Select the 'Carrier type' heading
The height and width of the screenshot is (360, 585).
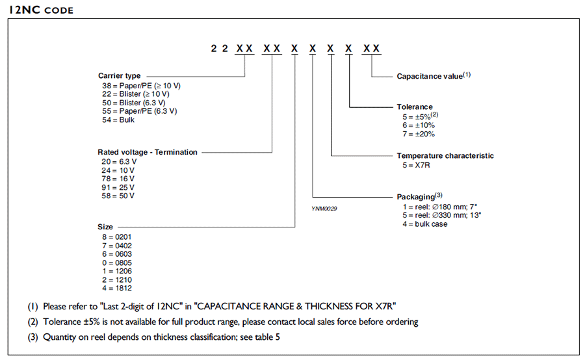point(119,75)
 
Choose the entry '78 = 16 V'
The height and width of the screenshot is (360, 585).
point(118,179)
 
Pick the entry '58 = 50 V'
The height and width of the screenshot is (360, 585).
point(118,196)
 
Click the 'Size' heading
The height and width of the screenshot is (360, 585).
point(105,227)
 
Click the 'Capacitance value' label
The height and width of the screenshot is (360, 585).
point(433,76)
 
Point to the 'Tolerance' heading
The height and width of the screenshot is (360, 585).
point(414,107)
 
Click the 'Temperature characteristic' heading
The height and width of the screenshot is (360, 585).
point(445,156)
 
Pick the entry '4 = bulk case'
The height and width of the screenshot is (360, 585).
point(425,224)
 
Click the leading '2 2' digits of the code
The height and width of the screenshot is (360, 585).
point(218,49)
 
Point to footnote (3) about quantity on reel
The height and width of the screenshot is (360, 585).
point(161,337)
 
